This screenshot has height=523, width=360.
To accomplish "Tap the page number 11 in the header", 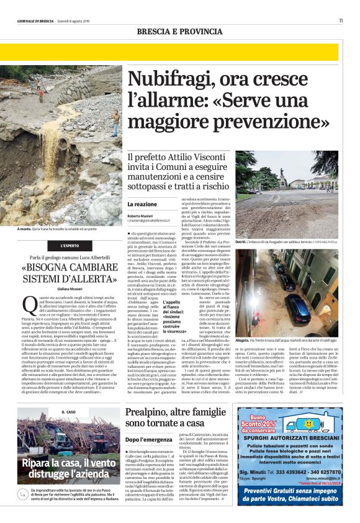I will click(x=340, y=21).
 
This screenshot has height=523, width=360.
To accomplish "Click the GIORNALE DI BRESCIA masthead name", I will click(x=35, y=21).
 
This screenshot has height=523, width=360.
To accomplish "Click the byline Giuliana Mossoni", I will click(x=68, y=288).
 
